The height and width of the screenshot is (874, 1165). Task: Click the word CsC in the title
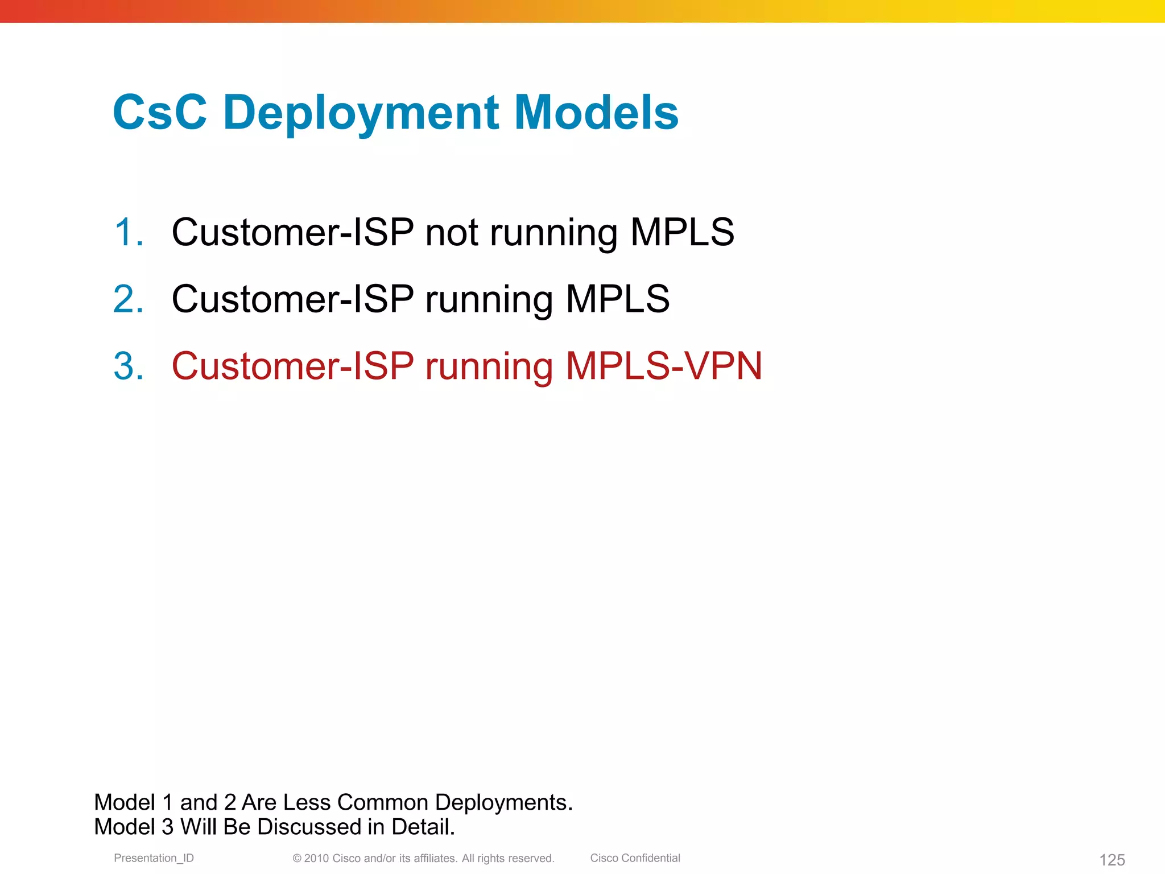click(160, 112)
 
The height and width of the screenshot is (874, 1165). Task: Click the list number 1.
click(128, 232)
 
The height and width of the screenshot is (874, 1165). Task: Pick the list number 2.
click(128, 299)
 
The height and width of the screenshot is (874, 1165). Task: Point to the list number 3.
click(128, 366)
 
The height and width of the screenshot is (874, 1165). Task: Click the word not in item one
click(452, 232)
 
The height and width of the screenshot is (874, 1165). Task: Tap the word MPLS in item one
click(682, 232)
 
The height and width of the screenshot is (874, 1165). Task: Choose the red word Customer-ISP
click(292, 366)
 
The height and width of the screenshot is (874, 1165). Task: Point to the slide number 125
click(1112, 859)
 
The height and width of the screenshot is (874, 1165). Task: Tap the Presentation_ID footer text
click(154, 858)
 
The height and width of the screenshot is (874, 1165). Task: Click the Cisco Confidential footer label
click(635, 858)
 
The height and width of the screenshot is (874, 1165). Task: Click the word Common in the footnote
click(382, 802)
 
